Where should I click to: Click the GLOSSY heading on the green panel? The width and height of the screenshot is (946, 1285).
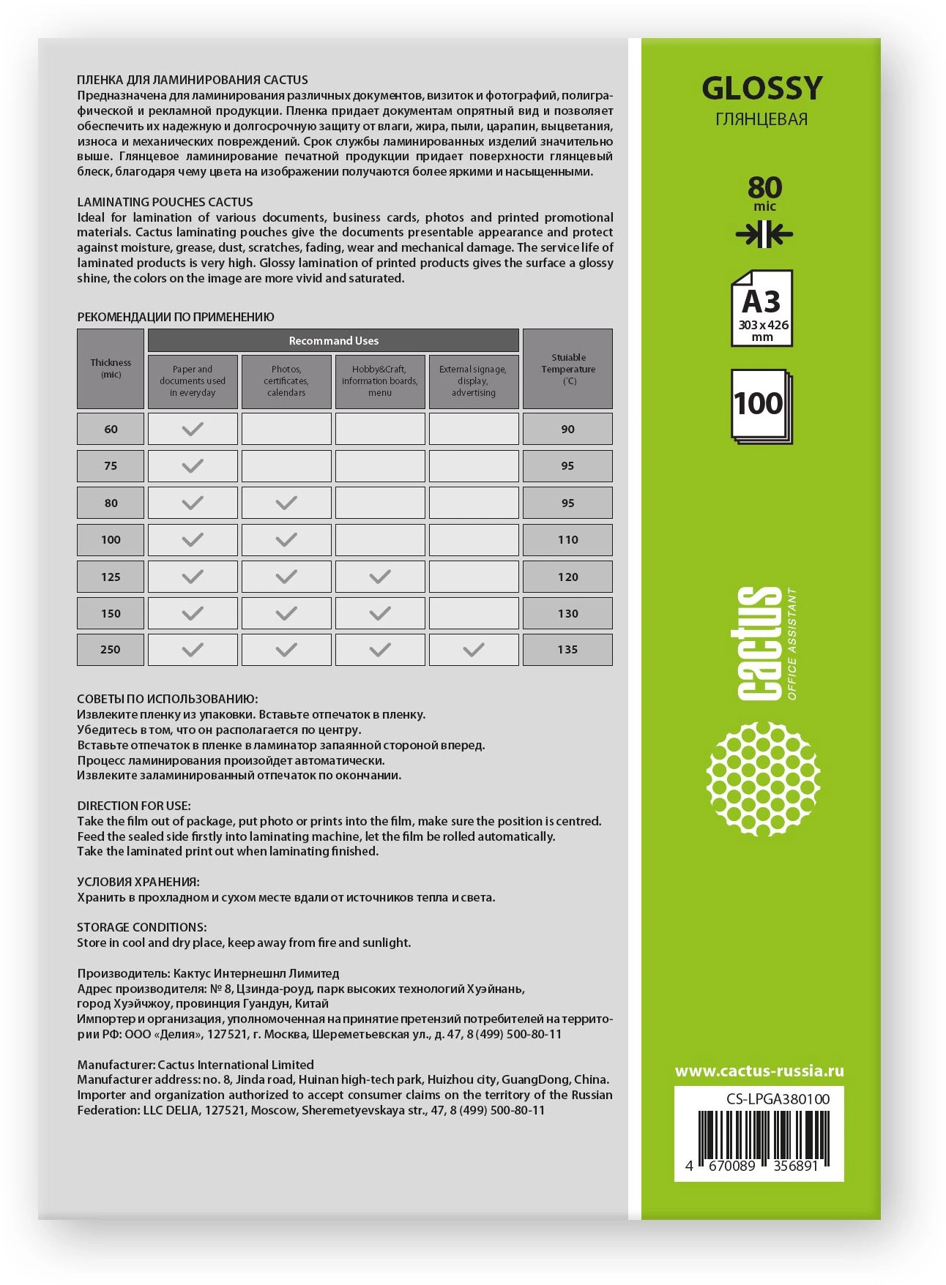[762, 89]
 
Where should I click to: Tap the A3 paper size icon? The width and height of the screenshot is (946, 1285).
[761, 308]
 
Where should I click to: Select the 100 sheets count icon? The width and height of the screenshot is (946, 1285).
[760, 405]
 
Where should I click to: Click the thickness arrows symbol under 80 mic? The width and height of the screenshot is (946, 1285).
[764, 235]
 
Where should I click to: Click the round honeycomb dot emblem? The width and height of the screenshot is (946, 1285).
[762, 779]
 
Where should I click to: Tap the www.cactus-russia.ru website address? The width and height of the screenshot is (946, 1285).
[759, 1071]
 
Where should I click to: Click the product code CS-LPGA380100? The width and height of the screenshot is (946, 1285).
[778, 1099]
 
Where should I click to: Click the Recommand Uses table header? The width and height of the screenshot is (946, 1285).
[333, 340]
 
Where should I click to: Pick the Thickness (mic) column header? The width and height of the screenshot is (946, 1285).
[111, 368]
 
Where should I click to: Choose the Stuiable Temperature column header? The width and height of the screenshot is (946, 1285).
[567, 368]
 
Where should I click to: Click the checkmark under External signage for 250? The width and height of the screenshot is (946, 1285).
[474, 650]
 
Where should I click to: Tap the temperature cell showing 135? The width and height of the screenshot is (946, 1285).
[567, 650]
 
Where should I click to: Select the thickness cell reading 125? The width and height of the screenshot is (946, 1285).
[111, 577]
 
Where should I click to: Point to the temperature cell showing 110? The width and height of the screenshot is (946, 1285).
[567, 540]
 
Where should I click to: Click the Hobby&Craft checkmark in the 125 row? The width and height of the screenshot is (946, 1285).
[380, 577]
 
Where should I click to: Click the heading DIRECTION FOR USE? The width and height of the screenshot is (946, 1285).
[134, 806]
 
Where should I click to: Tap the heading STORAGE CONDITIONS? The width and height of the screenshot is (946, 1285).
[142, 927]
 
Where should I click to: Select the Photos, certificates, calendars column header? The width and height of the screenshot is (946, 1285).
[286, 381]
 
